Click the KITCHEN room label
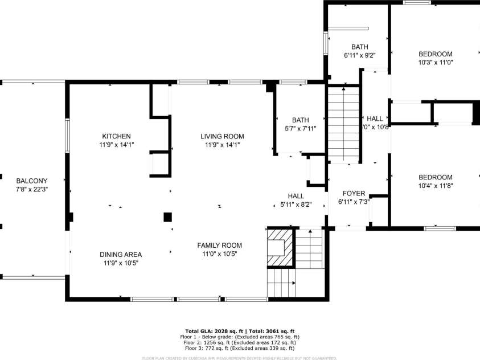click(x=116, y=136)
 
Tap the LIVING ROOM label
click(x=221, y=136)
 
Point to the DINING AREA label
click(x=121, y=255)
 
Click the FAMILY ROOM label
click(x=219, y=246)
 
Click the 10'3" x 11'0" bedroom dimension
click(x=436, y=63)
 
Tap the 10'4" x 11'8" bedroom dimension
click(x=436, y=186)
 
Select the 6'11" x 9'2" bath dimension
click(x=359, y=56)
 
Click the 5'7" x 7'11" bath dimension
click(x=300, y=129)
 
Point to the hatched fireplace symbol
click(x=280, y=247)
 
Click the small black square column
click(x=167, y=216)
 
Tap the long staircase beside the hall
click(x=344, y=124)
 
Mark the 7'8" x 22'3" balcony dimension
click(x=31, y=189)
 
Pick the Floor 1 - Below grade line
click(x=240, y=337)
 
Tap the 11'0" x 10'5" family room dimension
click(x=219, y=254)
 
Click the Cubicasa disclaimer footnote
click(x=240, y=358)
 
